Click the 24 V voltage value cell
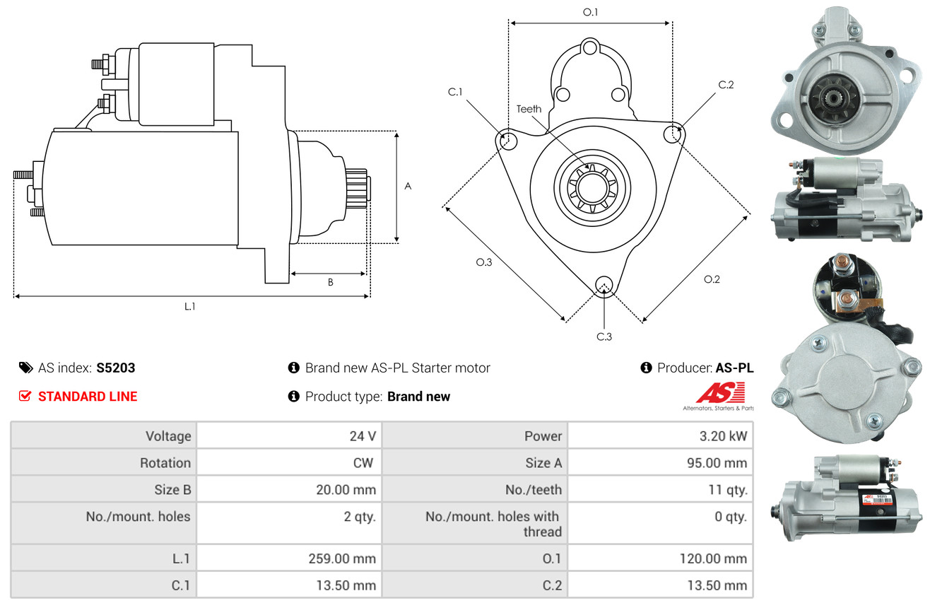363,436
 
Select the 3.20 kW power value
723,436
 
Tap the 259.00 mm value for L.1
342,559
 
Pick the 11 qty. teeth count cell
728,490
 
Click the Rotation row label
165,463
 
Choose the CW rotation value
363,463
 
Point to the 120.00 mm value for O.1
713,559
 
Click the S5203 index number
115,368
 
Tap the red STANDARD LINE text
88,397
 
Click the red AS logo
721,393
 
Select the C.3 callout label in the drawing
604,337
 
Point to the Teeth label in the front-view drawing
529,109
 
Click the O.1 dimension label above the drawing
590,12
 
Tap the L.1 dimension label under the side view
189,307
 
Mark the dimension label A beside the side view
408,186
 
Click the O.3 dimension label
483,262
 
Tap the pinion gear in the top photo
833,99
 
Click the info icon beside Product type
293,396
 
